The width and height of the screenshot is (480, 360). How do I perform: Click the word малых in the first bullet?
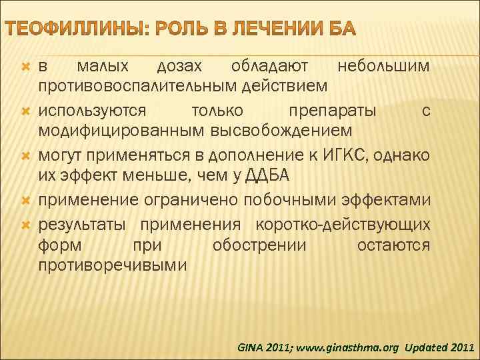pyautogui.click(x=99, y=67)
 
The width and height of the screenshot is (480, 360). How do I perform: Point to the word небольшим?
pyautogui.click(x=383, y=67)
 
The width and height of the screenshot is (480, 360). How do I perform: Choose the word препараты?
pyautogui.click(x=333, y=110)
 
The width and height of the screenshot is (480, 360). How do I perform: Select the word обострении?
pyautogui.click(x=259, y=245)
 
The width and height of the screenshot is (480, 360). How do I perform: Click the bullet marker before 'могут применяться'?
pyautogui.click(x=26, y=155)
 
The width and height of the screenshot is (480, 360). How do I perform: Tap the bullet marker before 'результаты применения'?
pyautogui.click(x=26, y=223)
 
